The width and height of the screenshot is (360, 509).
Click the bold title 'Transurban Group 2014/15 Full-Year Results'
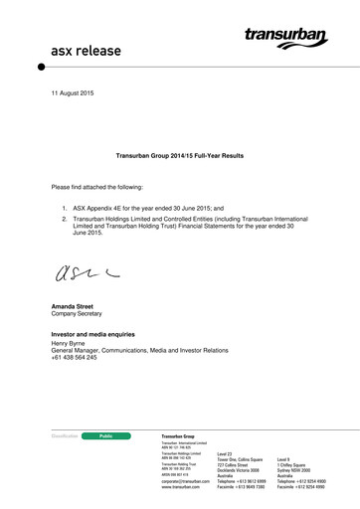pos(180,156)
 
